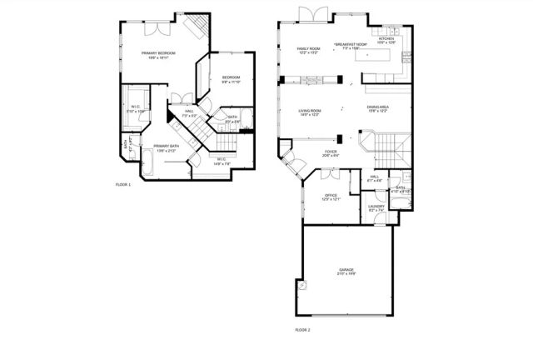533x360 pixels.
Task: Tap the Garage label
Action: point(346,271)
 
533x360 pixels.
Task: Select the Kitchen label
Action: point(386,39)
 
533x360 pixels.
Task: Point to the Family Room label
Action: point(310,50)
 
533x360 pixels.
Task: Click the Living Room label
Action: point(310,110)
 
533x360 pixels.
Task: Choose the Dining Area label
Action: point(378,107)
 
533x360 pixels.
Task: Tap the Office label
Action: point(331,196)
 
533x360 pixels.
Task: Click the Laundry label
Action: point(376,207)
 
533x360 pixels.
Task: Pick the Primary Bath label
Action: point(166,148)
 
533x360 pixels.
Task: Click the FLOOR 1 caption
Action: point(123,183)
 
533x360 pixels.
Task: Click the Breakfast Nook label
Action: point(350,44)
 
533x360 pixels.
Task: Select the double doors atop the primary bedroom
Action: point(156,25)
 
